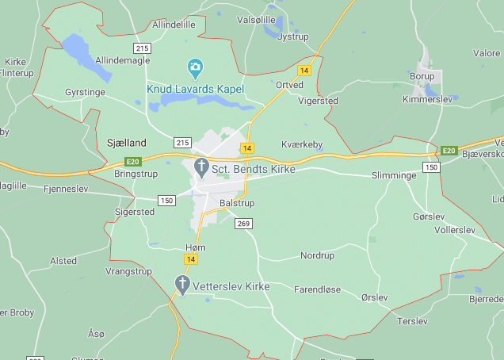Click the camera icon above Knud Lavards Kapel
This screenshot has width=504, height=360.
click(x=195, y=67)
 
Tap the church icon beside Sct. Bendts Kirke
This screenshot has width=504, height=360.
click(x=201, y=167)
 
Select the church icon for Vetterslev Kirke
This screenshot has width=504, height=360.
click(x=182, y=284)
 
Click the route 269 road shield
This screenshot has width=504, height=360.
click(x=243, y=224)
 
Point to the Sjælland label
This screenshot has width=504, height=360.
click(x=127, y=143)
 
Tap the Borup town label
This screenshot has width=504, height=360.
click(x=422, y=77)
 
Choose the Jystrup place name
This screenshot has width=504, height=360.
click(x=293, y=36)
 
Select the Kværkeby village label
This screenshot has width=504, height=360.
click(x=303, y=144)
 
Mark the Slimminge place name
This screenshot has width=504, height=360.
click(x=394, y=175)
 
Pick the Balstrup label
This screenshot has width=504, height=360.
click(x=236, y=203)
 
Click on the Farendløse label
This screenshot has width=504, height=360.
click(x=317, y=289)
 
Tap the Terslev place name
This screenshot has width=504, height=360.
click(x=412, y=321)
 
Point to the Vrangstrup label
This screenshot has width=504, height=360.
click(x=128, y=271)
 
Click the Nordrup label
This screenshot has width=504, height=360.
click(x=317, y=255)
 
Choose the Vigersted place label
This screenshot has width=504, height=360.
click(x=318, y=101)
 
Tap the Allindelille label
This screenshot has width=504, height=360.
click(x=174, y=25)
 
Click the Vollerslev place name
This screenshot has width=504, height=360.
click(x=455, y=230)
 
